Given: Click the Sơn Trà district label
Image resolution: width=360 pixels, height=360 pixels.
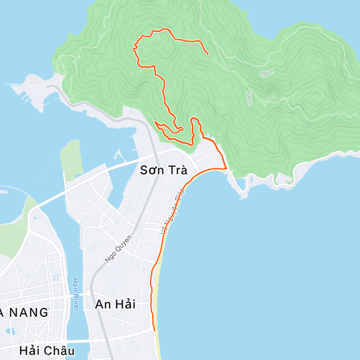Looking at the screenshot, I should click(x=163, y=170).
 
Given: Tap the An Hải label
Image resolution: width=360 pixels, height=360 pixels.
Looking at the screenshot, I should click(x=115, y=304).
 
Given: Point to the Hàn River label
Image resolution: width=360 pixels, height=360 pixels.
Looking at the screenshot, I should click(x=75, y=294).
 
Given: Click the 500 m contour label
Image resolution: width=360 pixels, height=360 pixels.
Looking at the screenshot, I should click(x=249, y=98).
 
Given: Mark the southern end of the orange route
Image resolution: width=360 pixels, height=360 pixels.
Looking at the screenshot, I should click(x=154, y=331).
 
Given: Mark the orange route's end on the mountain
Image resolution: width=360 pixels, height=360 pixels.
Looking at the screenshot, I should click(x=208, y=54).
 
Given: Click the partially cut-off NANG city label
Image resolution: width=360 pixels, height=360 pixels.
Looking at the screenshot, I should click(x=24, y=313).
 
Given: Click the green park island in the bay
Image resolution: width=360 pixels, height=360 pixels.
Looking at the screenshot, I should click(x=71, y=160).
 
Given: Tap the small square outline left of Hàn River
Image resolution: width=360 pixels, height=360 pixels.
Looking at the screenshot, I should click(x=55, y=277).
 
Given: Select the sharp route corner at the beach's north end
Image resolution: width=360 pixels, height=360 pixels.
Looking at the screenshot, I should click(x=226, y=169).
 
